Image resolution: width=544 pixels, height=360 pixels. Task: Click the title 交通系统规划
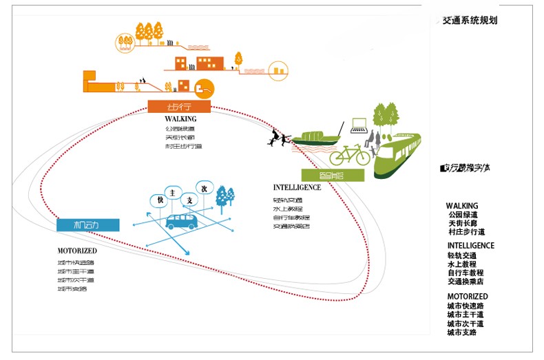click(469, 21)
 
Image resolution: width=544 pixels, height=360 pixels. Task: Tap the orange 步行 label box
click(178, 107)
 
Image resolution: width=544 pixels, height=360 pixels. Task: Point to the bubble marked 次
click(203, 187)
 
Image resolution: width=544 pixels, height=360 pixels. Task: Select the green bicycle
click(351, 153)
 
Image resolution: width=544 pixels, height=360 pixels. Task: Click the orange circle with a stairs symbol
click(204, 87)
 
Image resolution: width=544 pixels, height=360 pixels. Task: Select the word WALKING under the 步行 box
click(180, 119)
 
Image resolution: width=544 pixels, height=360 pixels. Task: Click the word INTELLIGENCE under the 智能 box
click(297, 187)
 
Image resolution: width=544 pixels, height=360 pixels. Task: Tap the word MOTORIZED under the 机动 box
click(77, 251)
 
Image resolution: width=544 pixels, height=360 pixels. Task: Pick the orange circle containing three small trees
click(124, 42)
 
